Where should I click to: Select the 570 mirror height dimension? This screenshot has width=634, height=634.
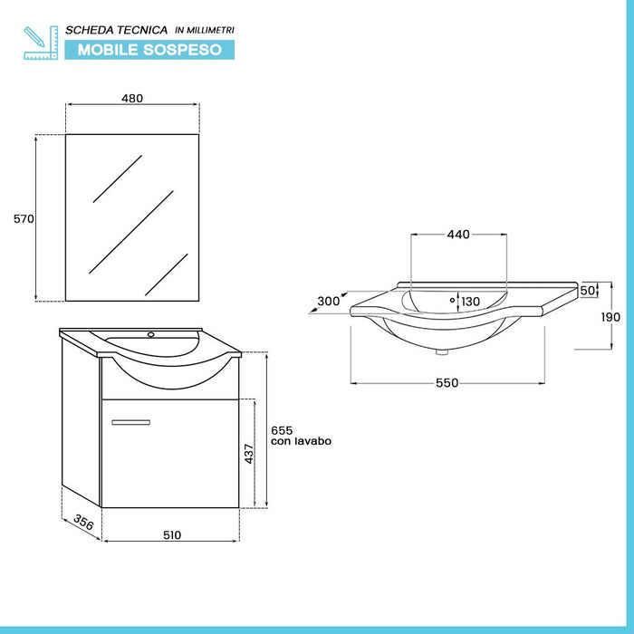pyautogui.click(x=23, y=218)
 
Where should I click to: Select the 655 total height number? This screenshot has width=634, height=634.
pyautogui.click(x=283, y=429)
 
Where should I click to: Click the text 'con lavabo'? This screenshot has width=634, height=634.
pyautogui.click(x=302, y=441)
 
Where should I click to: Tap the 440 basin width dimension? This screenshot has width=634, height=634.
pyautogui.click(x=457, y=235)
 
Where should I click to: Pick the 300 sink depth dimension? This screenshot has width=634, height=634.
pyautogui.click(x=329, y=302)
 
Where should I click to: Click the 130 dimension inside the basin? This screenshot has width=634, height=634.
pyautogui.click(x=471, y=302)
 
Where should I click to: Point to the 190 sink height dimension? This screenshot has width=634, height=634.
pyautogui.click(x=611, y=317)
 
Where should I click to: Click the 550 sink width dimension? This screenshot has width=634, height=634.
pyautogui.click(x=447, y=382)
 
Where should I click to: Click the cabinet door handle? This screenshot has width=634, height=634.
pyautogui.click(x=130, y=421)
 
